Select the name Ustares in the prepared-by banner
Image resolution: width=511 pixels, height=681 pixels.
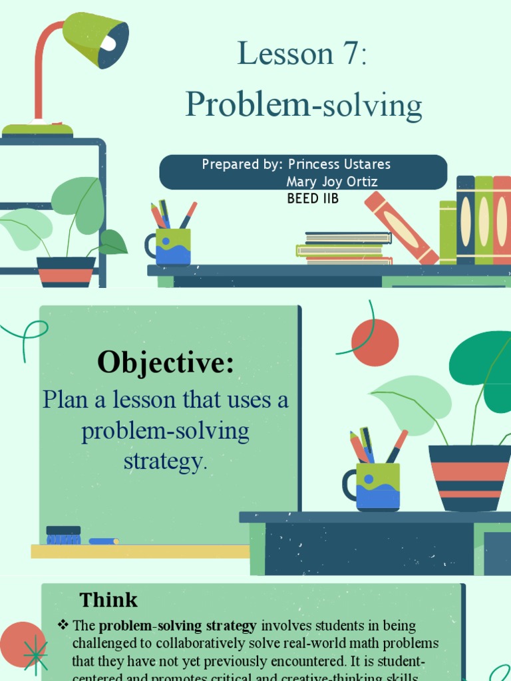(367, 164)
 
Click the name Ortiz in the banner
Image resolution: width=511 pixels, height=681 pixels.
(363, 181)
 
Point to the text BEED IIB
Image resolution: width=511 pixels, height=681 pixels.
(313, 198)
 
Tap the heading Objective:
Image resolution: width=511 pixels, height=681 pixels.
(166, 363)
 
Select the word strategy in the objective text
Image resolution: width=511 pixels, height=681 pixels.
(165, 461)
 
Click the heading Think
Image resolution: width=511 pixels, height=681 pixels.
(108, 600)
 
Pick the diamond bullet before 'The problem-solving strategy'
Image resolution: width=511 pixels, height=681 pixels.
(63, 624)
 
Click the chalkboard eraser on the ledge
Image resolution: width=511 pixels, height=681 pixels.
(63, 535)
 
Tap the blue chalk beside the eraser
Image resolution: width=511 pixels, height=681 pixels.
(103, 541)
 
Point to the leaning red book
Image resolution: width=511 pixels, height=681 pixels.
(401, 227)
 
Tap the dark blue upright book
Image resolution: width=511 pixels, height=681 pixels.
(465, 219)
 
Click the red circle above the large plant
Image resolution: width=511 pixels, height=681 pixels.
(375, 342)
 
